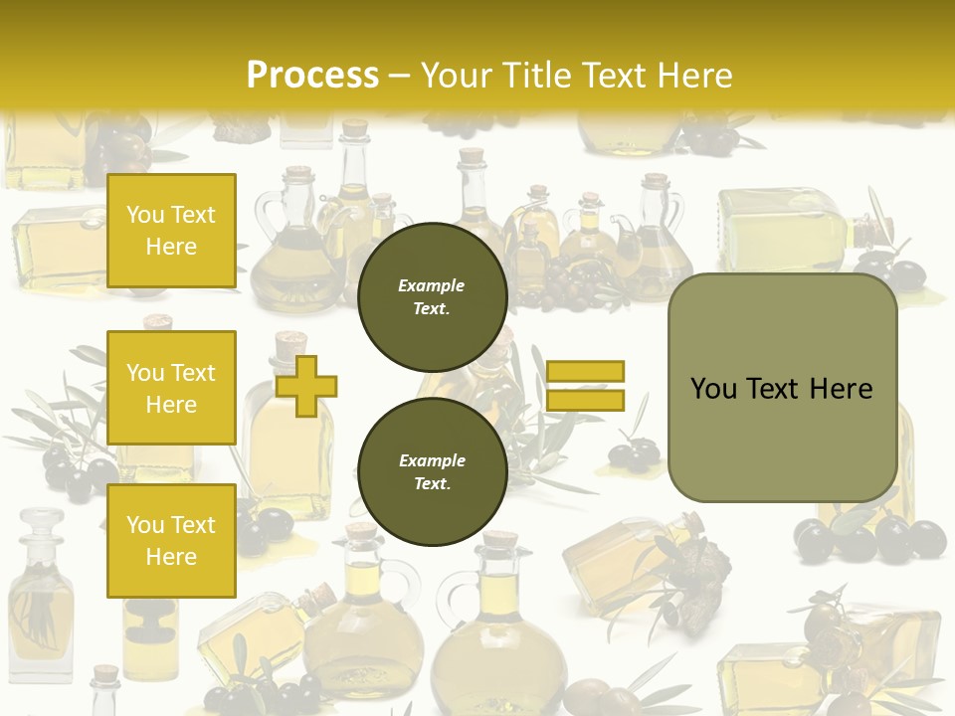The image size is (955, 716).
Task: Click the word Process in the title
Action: pos(312,76)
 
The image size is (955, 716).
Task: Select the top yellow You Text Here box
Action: pos(171,231)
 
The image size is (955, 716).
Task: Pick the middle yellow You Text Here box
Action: pos(171,388)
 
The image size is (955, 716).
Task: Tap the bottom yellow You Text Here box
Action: pos(171,541)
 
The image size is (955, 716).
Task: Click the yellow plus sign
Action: pos(306,385)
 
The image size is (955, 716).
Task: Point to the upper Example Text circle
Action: pos(432,297)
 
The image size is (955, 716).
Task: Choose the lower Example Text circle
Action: pos(432,472)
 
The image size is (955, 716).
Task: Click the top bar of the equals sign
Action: pos(585,371)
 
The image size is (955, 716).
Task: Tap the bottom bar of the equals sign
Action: pos(585,400)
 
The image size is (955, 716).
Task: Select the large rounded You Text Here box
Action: pos(782,388)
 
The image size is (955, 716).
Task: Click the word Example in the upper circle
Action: pos(432,285)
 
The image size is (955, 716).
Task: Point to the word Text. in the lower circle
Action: pos(432,484)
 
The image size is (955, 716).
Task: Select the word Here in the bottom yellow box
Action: pos(171,557)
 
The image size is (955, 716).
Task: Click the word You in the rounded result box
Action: pos(713,389)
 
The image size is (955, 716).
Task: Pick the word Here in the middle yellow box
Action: pos(171,405)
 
